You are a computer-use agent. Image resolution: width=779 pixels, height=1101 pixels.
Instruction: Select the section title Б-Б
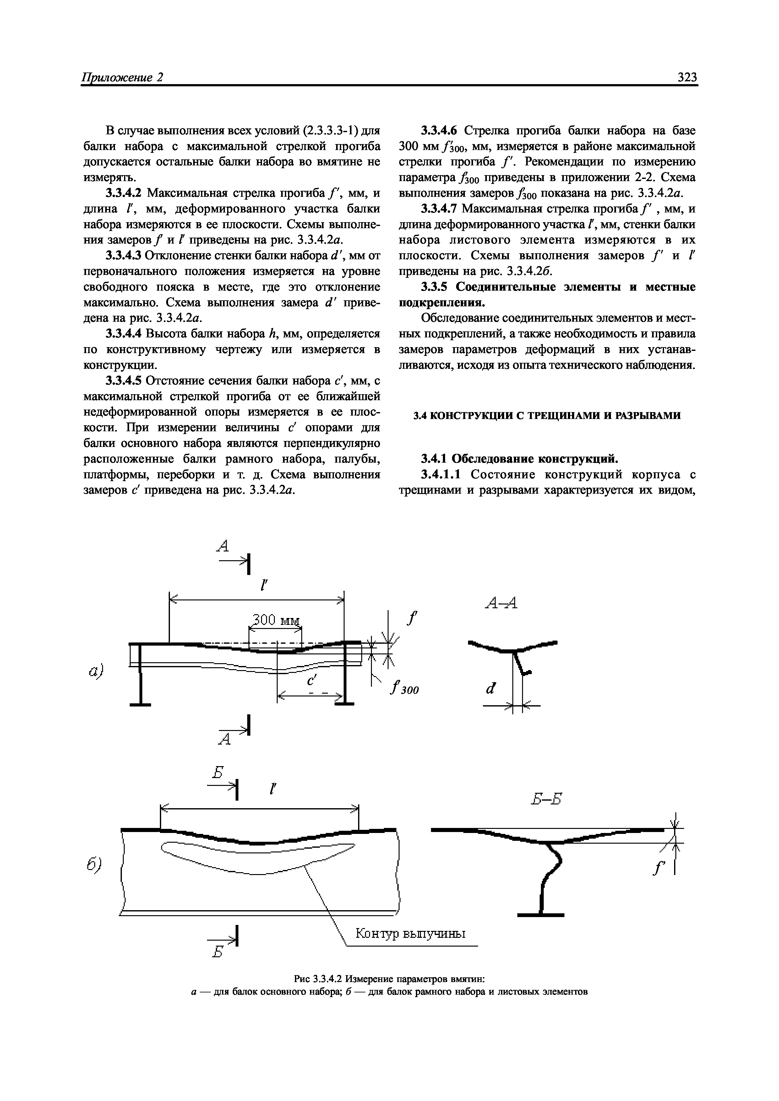[x=546, y=799]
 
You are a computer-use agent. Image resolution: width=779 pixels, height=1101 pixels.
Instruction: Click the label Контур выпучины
[x=410, y=934]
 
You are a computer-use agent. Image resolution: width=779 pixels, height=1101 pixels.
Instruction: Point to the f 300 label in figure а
[x=404, y=690]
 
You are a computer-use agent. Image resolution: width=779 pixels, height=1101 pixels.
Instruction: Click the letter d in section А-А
[x=490, y=689]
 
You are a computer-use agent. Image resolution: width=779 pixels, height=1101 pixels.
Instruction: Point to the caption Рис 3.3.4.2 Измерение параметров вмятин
[x=389, y=979]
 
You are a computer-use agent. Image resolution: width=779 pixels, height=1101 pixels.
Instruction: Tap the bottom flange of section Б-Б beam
[x=541, y=915]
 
